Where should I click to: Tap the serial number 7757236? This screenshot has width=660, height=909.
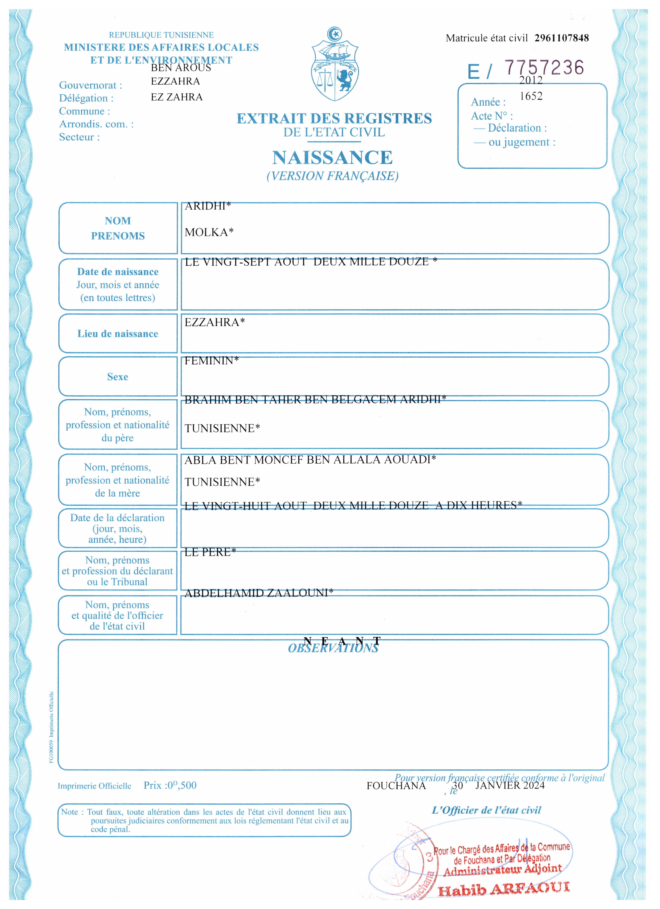tap(544, 67)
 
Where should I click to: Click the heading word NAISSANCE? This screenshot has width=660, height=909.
tap(332, 157)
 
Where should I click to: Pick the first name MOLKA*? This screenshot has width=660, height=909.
tap(209, 232)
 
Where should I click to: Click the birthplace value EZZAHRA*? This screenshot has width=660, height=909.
tap(214, 322)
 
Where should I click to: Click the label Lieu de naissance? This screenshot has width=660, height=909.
tap(118, 334)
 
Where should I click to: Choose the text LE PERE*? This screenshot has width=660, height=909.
tap(210, 552)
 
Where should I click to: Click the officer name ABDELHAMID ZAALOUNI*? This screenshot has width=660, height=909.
tap(258, 593)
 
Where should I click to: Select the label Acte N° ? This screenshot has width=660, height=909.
tap(491, 116)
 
